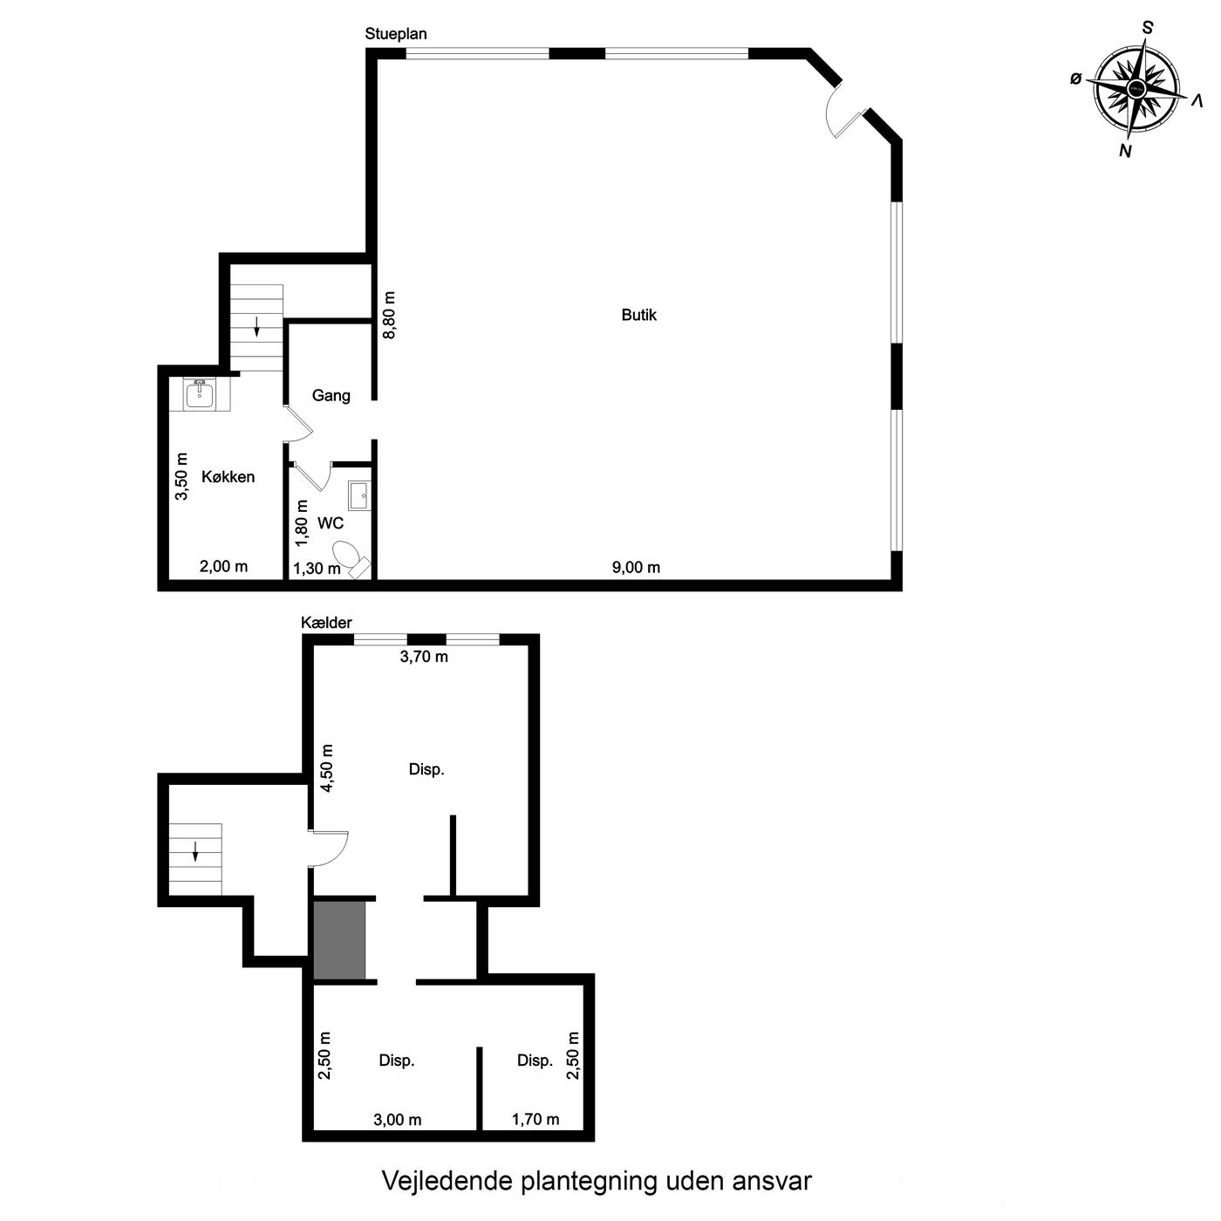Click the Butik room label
[638, 315]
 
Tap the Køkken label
[229, 476]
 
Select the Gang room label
[331, 396]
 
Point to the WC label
[331, 522]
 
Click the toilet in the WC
[351, 557]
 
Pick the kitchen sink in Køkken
[200, 394]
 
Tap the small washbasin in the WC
[359, 495]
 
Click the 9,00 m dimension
[636, 567]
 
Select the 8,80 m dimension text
[389, 315]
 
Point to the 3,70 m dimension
[424, 657]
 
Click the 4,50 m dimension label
[327, 768]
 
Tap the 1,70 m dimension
[535, 1120]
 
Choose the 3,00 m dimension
[398, 1120]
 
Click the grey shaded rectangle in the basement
[339, 940]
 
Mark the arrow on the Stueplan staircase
[256, 326]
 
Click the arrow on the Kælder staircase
[195, 851]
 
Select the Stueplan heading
[396, 34]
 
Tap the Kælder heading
[326, 623]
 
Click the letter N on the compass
[1125, 151]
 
